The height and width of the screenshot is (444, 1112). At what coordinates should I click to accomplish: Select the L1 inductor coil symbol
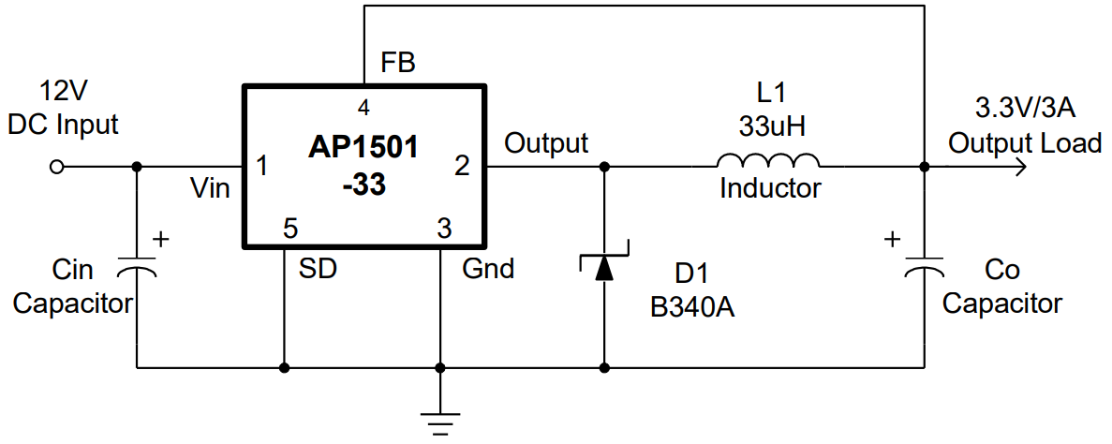[x=767, y=160]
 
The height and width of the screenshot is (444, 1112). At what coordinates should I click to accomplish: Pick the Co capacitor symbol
[x=924, y=268]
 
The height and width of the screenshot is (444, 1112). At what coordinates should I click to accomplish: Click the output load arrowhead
[x=1018, y=168]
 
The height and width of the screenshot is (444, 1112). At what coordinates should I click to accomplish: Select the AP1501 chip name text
[x=363, y=148]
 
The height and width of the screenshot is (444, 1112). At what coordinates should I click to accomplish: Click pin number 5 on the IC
[x=290, y=227]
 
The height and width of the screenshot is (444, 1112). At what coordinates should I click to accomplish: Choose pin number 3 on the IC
[x=444, y=227]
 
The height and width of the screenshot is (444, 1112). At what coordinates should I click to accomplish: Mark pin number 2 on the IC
[x=461, y=167]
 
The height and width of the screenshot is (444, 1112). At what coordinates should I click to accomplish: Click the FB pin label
[x=398, y=64]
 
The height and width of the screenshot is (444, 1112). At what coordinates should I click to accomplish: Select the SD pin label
[x=318, y=269]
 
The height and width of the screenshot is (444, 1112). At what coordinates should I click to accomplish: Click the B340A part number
[x=692, y=308]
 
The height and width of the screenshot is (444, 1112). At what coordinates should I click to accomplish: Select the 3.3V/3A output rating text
[x=1025, y=107]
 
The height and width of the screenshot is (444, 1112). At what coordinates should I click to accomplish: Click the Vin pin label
[x=211, y=189]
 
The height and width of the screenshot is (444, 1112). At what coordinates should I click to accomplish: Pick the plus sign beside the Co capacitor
[x=892, y=240]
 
